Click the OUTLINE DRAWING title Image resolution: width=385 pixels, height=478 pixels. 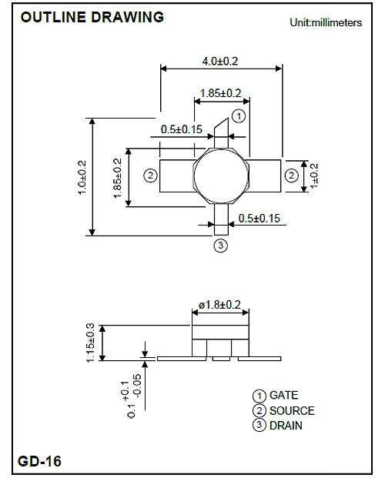[92, 17]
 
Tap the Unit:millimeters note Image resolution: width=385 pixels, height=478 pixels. [326, 22]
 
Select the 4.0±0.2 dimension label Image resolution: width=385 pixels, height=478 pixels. [220, 62]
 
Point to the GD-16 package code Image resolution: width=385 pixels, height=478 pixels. [40, 461]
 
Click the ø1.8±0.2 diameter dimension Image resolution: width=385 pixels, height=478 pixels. [220, 305]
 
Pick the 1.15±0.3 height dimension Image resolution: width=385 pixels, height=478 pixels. [91, 343]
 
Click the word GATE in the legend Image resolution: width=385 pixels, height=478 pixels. [283, 395]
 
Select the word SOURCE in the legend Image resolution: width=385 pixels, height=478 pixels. [292, 410]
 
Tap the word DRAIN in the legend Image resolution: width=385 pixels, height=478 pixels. [286, 425]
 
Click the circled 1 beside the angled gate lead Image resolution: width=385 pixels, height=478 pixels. [239, 116]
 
